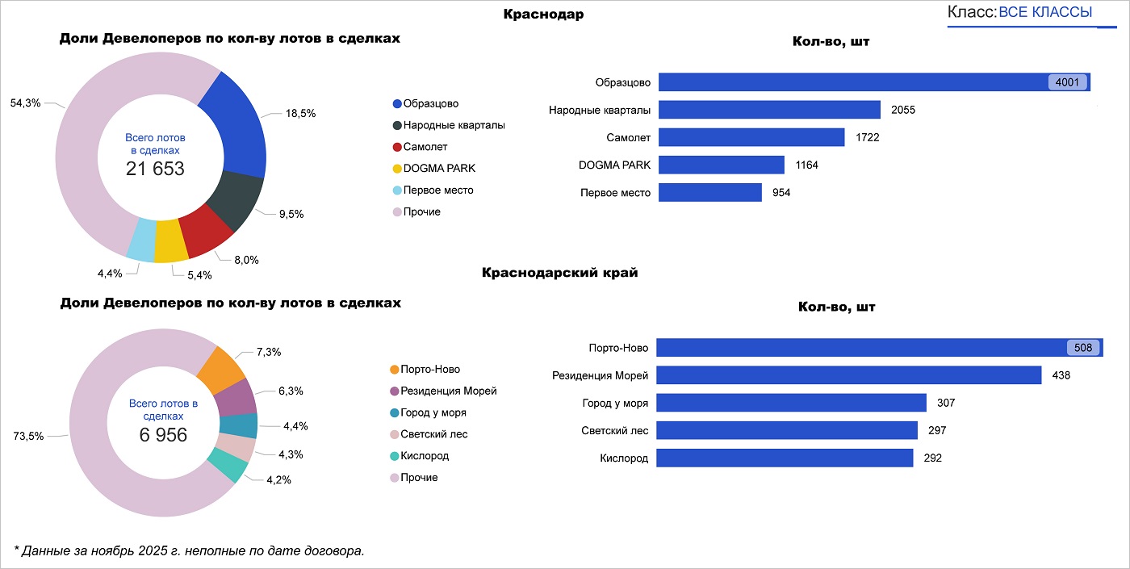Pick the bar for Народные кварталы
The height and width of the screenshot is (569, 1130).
769,110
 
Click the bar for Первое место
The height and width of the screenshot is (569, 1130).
710,193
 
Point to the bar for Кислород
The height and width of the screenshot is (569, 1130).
785,458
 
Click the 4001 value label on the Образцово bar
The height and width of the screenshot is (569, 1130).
1068,82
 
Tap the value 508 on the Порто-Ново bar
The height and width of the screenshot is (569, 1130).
1083,348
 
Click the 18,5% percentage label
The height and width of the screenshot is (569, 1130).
300,114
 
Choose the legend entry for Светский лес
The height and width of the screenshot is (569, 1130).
433,434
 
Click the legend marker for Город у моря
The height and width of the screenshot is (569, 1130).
394,412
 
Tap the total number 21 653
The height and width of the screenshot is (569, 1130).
155,169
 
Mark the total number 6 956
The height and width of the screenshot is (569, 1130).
163,435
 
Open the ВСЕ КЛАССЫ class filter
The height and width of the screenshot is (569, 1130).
1045,12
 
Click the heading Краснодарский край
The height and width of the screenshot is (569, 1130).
559,273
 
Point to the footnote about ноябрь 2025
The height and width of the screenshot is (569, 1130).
190,550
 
